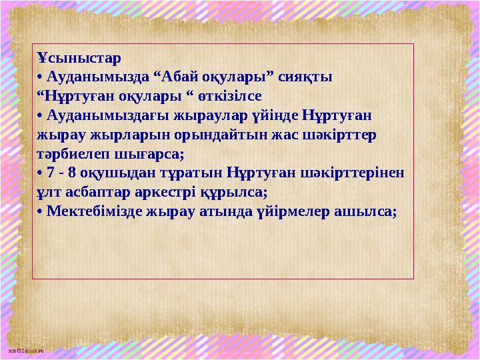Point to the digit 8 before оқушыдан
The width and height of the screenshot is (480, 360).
66,172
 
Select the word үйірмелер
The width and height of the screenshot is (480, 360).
292,211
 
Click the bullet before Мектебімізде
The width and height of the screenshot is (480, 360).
40,211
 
